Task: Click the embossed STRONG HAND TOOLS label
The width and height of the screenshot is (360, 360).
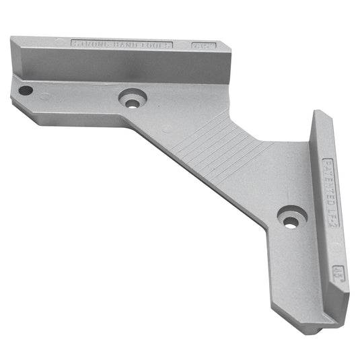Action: coord(122,44)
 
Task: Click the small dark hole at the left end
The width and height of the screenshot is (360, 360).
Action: coord(25,89)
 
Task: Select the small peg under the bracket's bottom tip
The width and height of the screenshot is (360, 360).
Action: coord(314,330)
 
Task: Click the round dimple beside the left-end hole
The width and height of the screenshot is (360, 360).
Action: coord(44,96)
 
